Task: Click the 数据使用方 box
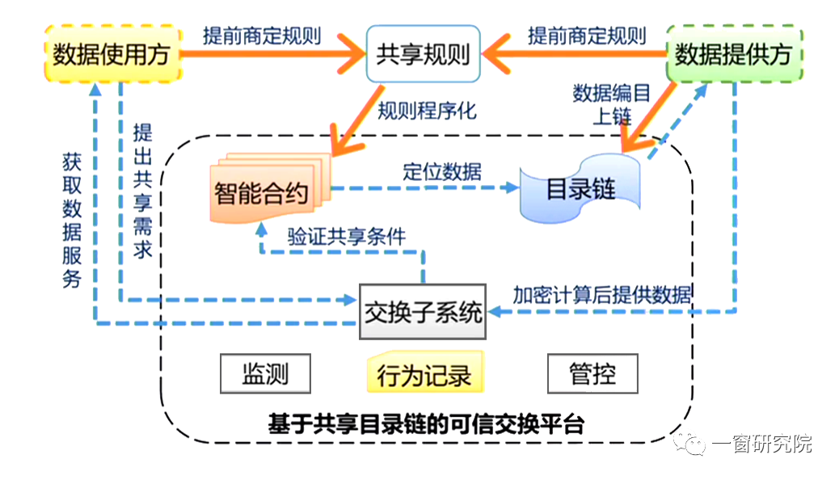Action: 111,54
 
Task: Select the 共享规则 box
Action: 423,55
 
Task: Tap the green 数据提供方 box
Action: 733,54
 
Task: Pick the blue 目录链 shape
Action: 580,189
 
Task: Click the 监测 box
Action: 265,374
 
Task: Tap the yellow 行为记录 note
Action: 424,375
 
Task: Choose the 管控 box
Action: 592,374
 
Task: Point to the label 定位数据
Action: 442,171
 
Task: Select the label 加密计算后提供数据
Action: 602,293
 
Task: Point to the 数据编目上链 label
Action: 612,104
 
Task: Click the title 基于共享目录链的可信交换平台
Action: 425,424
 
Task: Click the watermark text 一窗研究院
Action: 761,443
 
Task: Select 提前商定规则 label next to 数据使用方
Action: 262,36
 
